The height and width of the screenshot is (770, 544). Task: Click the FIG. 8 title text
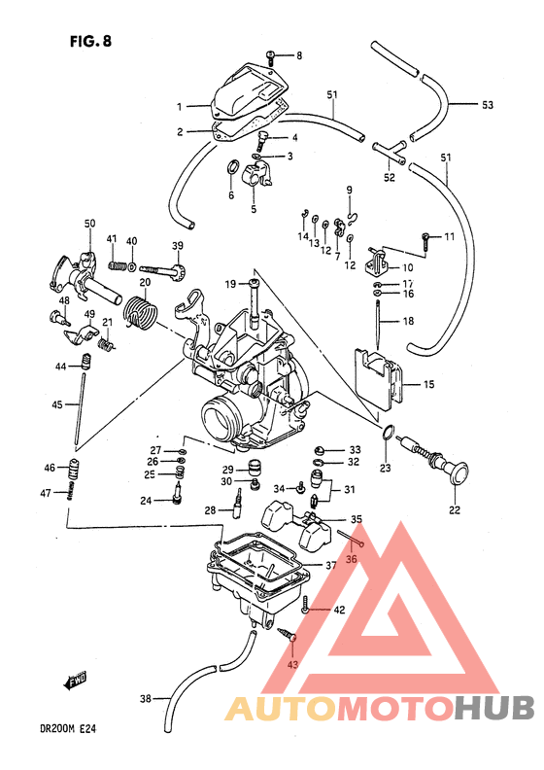tap(90, 43)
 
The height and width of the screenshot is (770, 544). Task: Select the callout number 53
tap(488, 104)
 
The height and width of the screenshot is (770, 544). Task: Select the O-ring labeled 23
tap(386, 433)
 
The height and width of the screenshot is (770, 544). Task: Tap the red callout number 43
tap(293, 664)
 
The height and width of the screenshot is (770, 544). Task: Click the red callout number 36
tap(352, 558)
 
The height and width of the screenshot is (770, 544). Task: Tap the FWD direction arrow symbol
tap(77, 682)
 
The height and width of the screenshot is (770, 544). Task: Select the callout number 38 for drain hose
tap(146, 698)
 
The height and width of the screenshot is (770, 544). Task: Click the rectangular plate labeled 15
tap(380, 382)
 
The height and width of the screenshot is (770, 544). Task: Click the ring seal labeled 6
tap(232, 175)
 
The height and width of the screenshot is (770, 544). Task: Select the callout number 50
tap(89, 224)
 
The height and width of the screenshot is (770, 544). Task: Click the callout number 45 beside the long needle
tap(59, 404)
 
